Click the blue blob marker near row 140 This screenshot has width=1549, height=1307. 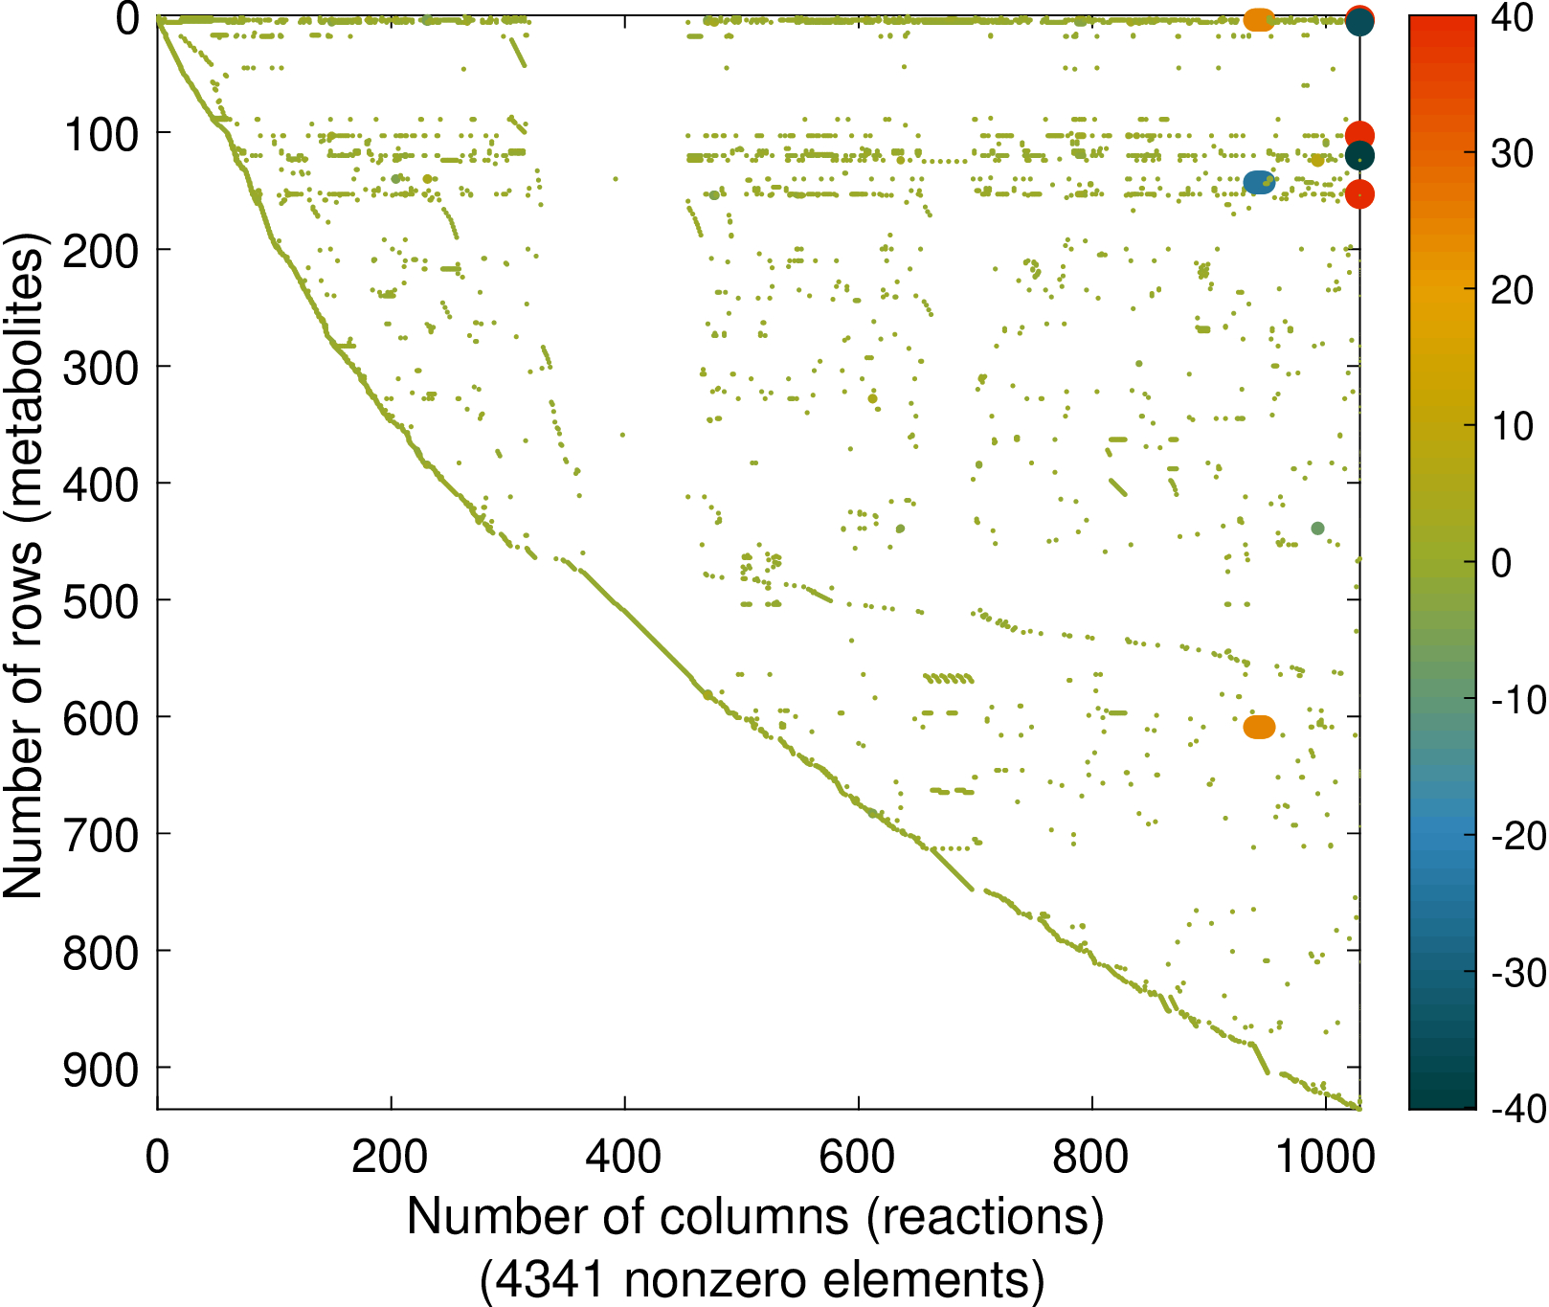(x=1259, y=182)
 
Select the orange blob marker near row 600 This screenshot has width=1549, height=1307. (x=1259, y=727)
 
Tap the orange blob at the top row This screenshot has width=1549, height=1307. (x=1259, y=19)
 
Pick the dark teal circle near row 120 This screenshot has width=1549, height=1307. (x=1359, y=155)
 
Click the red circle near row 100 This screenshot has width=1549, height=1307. (x=1359, y=135)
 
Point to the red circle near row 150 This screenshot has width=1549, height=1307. (x=1359, y=194)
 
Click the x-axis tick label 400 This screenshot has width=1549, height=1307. (x=624, y=1157)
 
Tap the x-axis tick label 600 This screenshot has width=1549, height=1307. (x=858, y=1157)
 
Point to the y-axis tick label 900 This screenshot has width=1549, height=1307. (x=101, y=1070)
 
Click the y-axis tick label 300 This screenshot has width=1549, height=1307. (x=101, y=368)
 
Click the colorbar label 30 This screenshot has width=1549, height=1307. (x=1513, y=153)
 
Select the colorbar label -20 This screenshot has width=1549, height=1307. (x=1518, y=835)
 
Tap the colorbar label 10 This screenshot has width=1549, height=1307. (x=1513, y=426)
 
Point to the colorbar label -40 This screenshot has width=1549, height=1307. (x=1518, y=1108)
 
